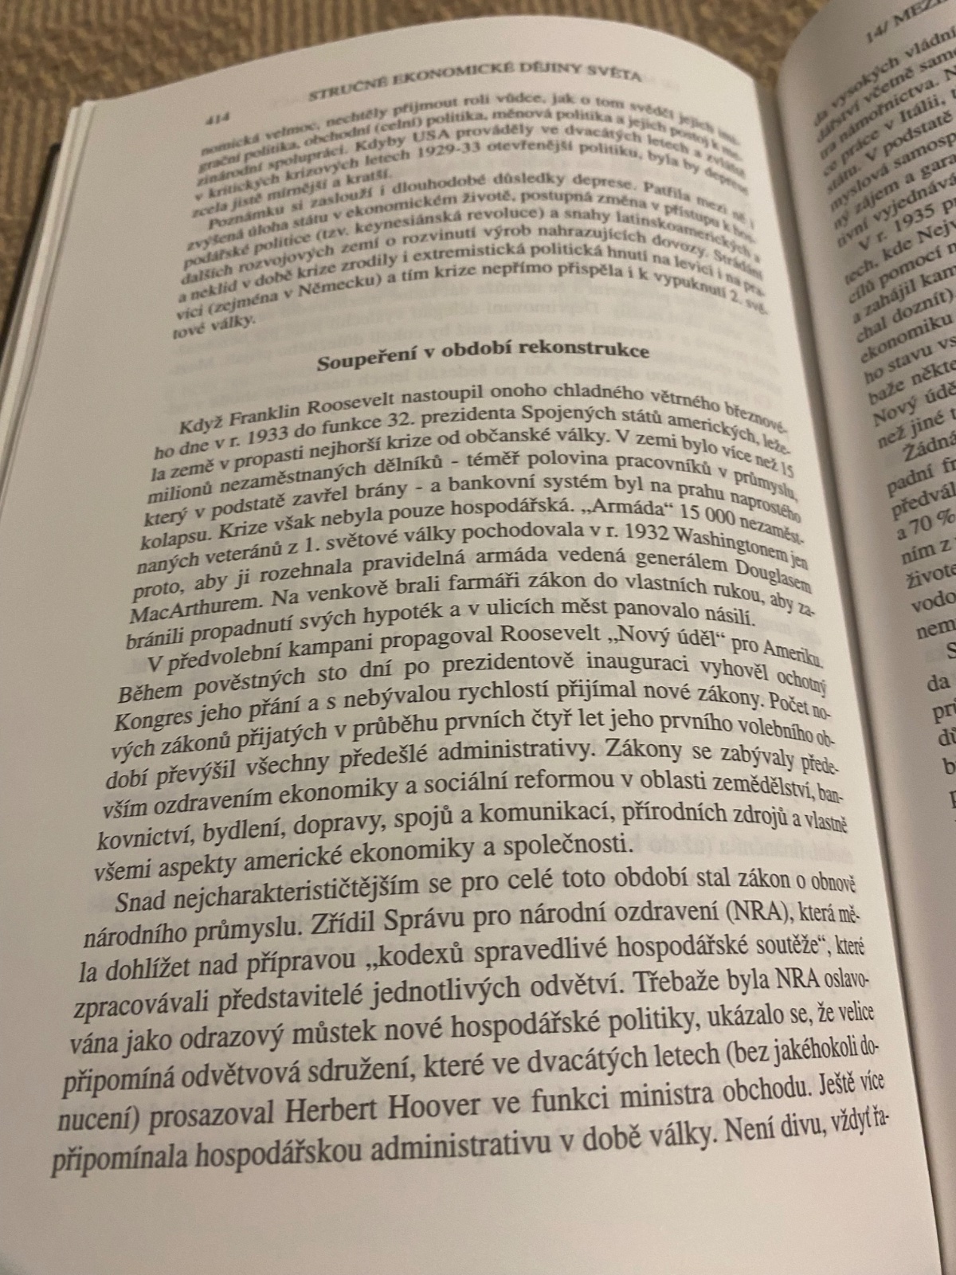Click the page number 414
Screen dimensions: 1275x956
coord(216,119)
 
